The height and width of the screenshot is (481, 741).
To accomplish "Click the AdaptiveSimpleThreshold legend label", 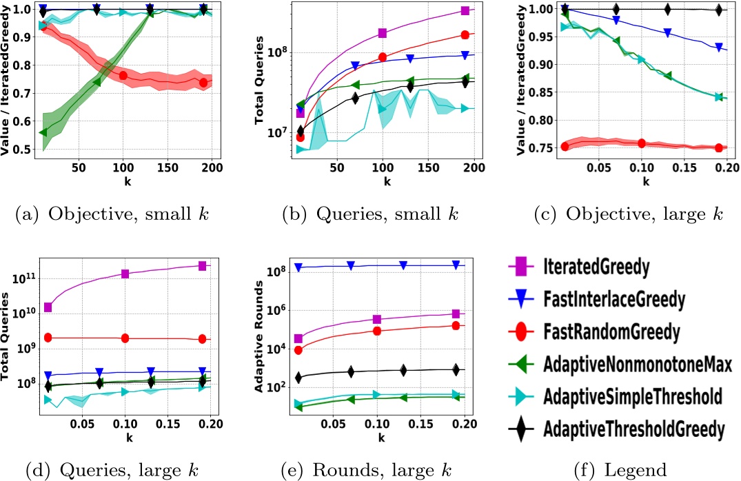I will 633,398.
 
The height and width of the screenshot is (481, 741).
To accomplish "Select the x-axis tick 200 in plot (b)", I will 474,167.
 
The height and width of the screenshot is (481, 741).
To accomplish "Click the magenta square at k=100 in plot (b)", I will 383,33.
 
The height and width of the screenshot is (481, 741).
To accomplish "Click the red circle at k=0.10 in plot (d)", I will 125,338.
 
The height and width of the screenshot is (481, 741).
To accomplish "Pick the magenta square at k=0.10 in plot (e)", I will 377,319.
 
